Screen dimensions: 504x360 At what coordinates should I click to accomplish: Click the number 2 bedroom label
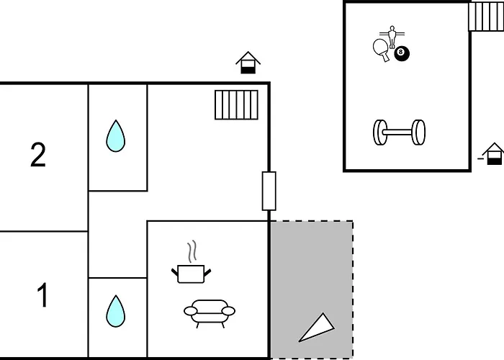coord(38,155)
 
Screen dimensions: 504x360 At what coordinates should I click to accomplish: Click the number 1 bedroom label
coord(42,295)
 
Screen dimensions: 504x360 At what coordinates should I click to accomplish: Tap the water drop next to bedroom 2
coord(116,136)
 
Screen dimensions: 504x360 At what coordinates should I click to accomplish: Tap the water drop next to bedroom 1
coord(116,311)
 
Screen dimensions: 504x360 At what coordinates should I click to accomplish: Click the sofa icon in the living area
coord(210,313)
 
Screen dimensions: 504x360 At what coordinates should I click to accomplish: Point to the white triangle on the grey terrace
coord(317,328)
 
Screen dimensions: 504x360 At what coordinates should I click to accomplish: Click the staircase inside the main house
coord(237,105)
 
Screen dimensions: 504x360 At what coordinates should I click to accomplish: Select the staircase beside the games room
coord(486,17)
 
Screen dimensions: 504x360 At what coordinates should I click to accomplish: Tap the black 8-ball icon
coord(402,53)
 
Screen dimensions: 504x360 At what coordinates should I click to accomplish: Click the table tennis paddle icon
coord(382,50)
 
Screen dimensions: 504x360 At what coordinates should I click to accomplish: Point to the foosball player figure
coord(392,37)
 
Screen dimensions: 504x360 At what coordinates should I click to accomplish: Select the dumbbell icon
coord(399,132)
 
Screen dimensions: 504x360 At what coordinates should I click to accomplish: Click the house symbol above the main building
coord(248,63)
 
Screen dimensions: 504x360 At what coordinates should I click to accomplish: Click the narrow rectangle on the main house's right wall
coord(269,192)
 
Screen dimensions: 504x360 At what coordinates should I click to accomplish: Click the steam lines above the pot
coord(192,251)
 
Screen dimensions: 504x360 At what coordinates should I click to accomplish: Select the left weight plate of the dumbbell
coord(379,132)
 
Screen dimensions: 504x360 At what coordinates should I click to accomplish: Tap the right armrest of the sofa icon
coord(228,311)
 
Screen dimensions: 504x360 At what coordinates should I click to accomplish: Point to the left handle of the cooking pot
coord(174,273)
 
